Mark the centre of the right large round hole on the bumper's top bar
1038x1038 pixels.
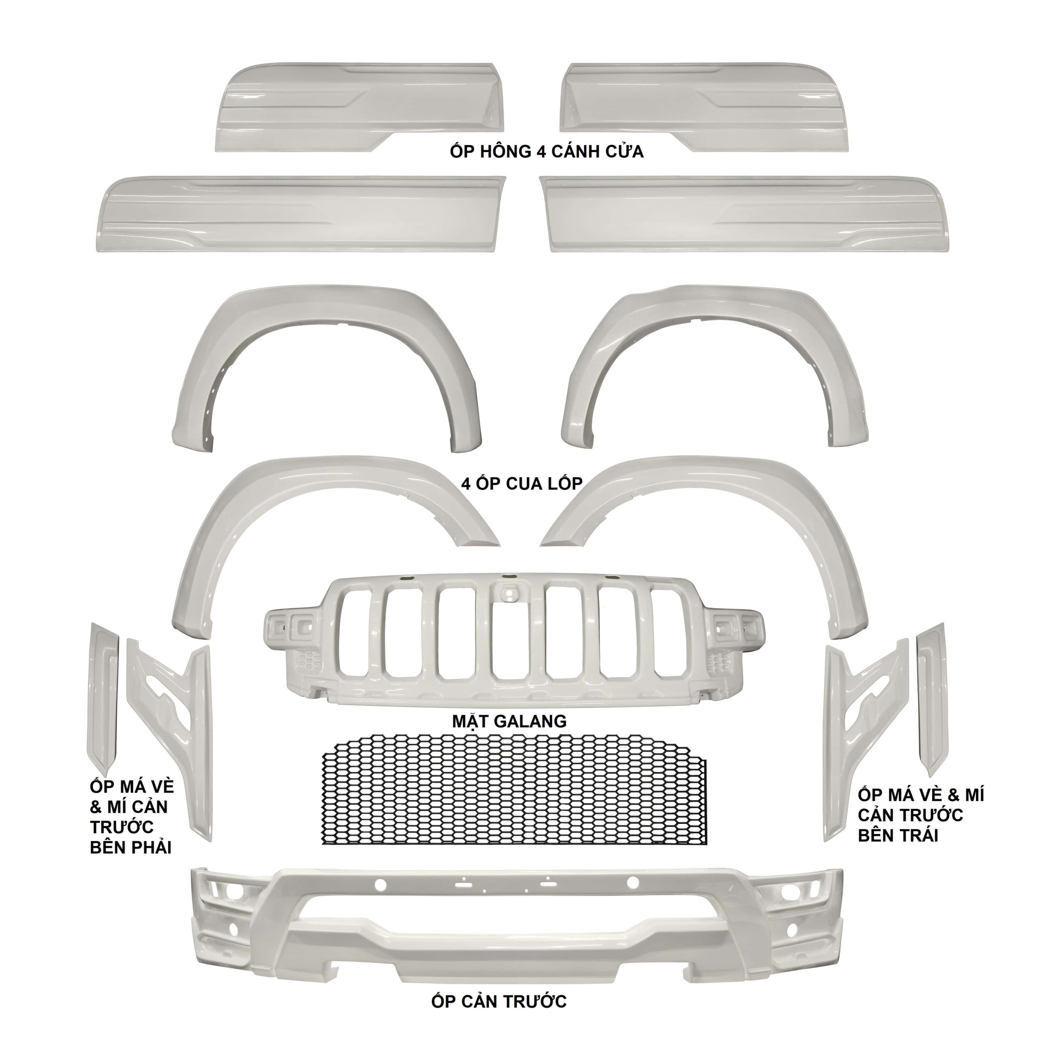[x=633, y=882]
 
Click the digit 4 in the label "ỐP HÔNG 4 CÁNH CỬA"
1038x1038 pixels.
[x=542, y=152]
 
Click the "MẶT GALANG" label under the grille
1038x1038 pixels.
[x=509, y=721]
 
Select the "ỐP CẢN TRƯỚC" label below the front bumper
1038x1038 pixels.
[x=499, y=1002]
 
